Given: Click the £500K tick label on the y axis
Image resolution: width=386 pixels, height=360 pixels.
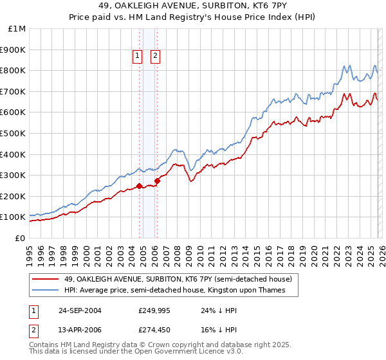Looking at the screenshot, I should [x=13, y=133].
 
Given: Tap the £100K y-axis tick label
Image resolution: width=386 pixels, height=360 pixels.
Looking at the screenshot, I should [x=13, y=217].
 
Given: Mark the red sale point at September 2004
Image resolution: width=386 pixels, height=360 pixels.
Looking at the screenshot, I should [x=140, y=186].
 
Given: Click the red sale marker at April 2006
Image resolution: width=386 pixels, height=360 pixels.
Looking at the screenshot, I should [x=157, y=181].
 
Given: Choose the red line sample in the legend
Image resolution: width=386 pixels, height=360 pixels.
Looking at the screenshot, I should [x=46, y=279].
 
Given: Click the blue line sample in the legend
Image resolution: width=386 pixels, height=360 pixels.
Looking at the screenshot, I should [x=46, y=291].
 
